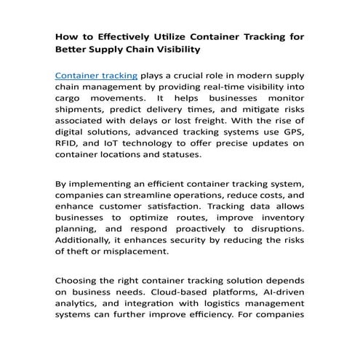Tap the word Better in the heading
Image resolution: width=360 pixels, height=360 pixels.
(x=74, y=49)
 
